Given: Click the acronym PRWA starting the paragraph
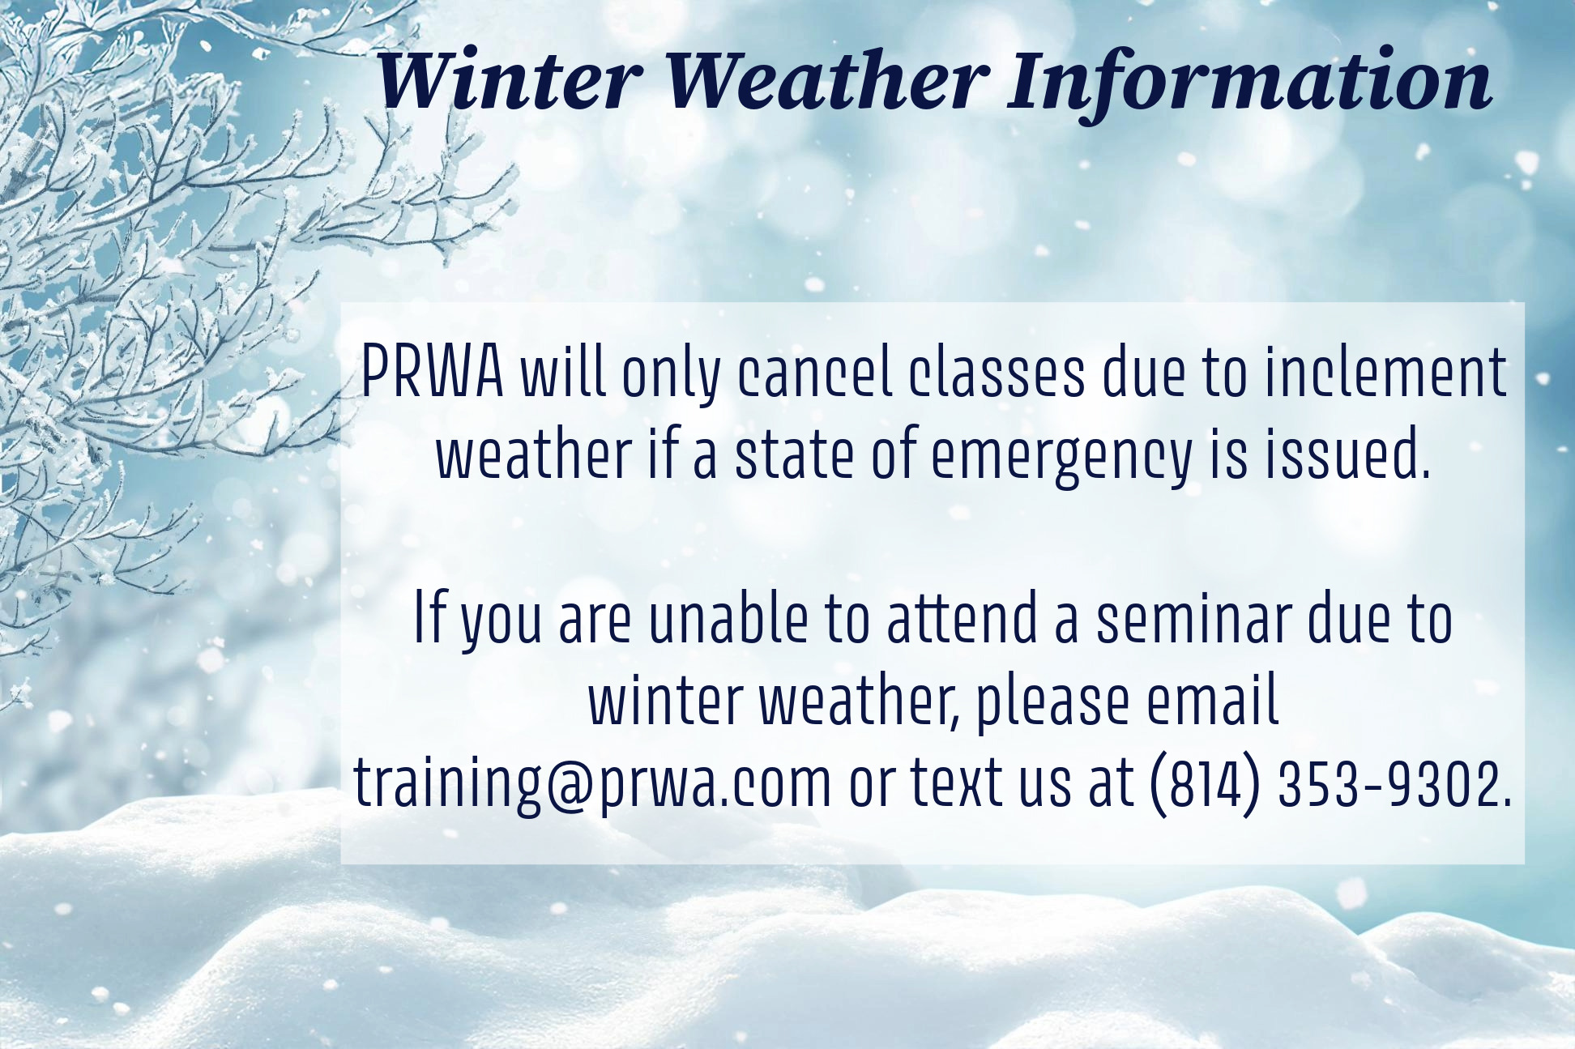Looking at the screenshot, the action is (432, 373).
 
